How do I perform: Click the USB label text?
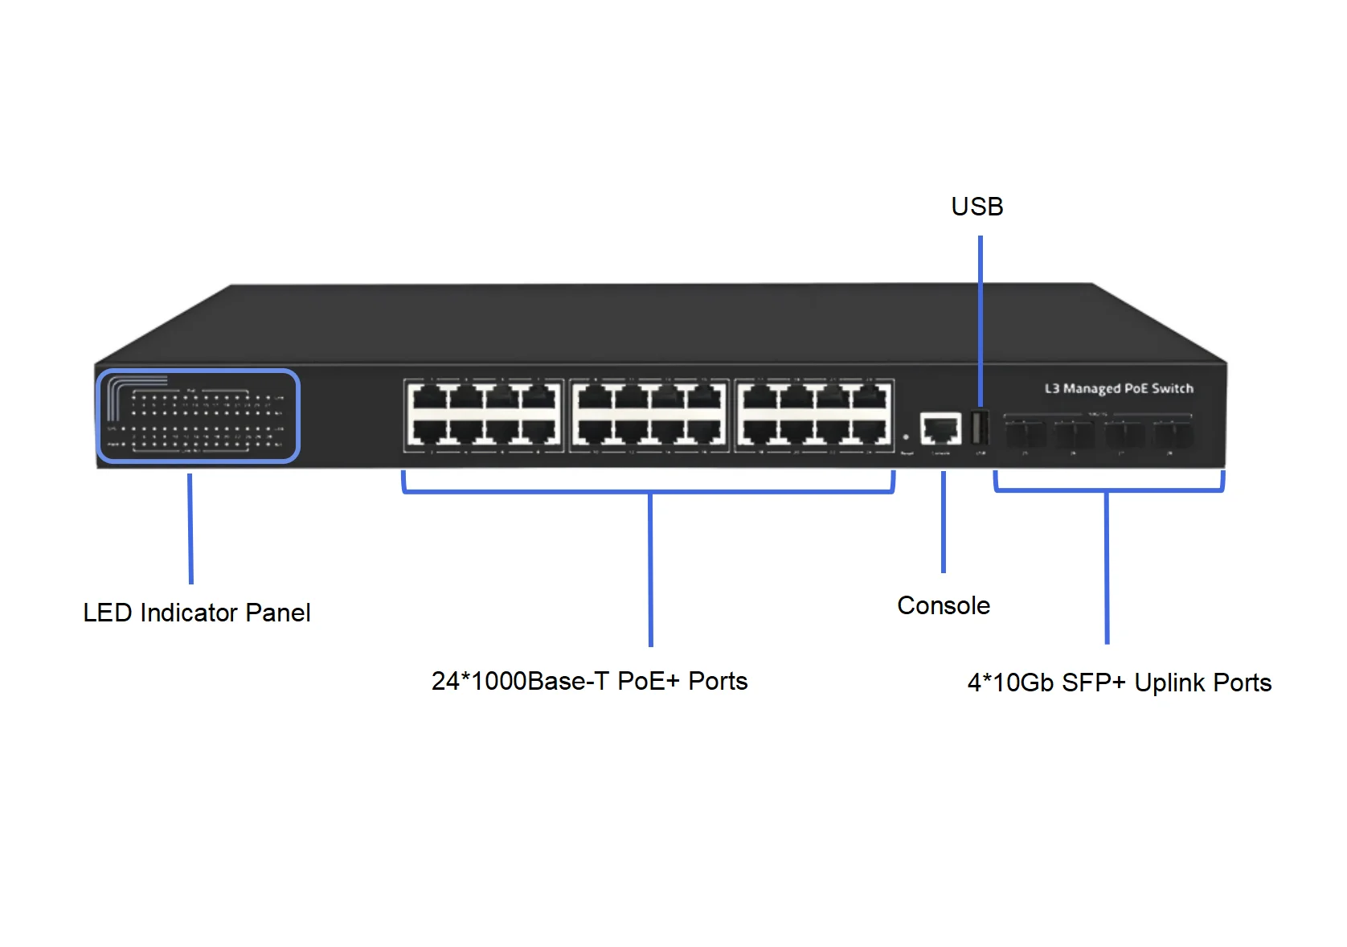[x=976, y=207]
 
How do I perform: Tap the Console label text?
[x=943, y=605]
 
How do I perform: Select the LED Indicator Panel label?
[x=196, y=613]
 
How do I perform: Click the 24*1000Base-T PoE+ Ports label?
[x=589, y=681]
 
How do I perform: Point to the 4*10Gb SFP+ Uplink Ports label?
[x=1119, y=683]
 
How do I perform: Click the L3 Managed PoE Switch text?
[x=1118, y=388]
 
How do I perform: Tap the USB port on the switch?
[x=979, y=428]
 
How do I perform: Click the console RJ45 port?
[x=940, y=429]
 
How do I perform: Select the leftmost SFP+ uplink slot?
[x=1026, y=435]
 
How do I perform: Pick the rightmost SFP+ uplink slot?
[x=1173, y=435]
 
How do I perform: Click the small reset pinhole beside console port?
[x=906, y=437]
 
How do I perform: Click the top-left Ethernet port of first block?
[x=428, y=397]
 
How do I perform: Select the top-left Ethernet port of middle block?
[x=594, y=397]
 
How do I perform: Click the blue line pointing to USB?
[x=981, y=322]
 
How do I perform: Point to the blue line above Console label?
[x=944, y=523]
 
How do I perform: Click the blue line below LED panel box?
[x=190, y=528]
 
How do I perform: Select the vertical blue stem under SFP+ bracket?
[x=1107, y=568]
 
